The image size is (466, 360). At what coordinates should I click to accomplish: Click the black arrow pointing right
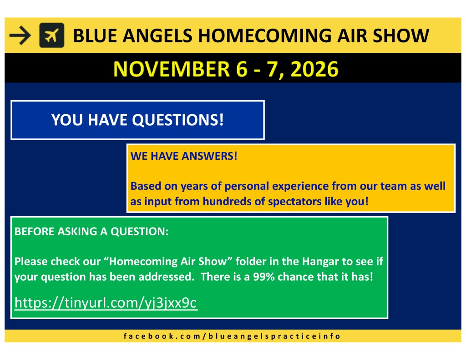point(20,35)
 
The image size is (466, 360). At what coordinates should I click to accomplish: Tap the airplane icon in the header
point(52,35)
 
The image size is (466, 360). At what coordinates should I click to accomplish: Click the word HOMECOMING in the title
point(264,35)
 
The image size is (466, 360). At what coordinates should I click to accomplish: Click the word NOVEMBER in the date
point(172,69)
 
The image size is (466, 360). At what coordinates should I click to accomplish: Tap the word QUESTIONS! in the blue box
point(178,120)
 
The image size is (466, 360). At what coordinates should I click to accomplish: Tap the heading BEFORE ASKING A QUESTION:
point(91,231)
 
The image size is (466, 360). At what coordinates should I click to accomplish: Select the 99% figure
point(264,277)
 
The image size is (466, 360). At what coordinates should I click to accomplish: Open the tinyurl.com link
point(106,303)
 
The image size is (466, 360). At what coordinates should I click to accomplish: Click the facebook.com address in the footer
point(232,336)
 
